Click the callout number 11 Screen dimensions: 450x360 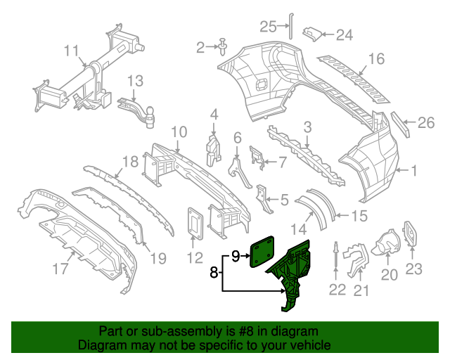[x=71, y=51]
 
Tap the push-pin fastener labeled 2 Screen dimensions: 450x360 [x=222, y=47]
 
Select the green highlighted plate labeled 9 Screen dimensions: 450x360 [x=262, y=252]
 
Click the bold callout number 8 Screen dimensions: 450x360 [x=214, y=272]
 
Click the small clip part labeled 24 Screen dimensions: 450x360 [x=311, y=34]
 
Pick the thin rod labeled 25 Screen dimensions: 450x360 [x=291, y=26]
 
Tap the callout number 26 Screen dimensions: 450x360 [x=426, y=122]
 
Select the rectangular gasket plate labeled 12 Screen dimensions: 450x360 [x=195, y=224]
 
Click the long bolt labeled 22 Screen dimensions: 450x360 [x=336, y=255]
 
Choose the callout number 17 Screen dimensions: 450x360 [x=60, y=269]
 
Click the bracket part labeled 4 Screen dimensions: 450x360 [x=214, y=150]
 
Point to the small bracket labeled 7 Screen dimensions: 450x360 [x=257, y=157]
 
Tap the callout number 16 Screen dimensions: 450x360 [x=376, y=59]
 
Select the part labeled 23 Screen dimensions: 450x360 [x=411, y=233]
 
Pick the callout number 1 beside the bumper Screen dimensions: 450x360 [x=413, y=171]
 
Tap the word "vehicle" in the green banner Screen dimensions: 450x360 [x=312, y=345]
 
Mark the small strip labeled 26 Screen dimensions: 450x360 [x=400, y=124]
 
